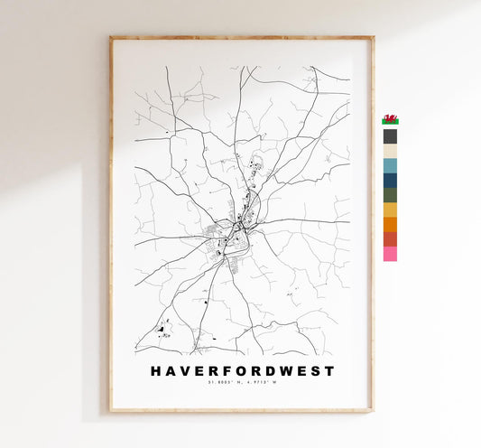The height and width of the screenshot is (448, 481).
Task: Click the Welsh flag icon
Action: point(390,119)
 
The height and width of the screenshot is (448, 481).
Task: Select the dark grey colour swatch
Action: point(390,136)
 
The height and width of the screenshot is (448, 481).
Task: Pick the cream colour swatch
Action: point(390,151)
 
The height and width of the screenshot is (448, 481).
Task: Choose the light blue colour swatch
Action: point(390,165)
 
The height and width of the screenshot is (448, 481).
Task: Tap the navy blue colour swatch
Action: point(390,180)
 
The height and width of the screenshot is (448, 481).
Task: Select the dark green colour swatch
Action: point(390,194)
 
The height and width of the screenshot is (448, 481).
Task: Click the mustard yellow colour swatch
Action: point(390,210)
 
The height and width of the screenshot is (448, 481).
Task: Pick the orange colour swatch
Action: point(390,224)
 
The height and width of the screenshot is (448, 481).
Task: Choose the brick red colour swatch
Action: point(390,238)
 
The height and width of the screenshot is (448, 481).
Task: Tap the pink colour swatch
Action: point(390,254)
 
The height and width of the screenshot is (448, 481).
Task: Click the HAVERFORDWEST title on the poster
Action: point(241,371)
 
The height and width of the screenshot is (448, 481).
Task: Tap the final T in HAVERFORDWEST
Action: point(329,371)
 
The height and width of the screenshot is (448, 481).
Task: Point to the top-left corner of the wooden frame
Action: point(111,38)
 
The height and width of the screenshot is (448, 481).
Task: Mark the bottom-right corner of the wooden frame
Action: point(372,411)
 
